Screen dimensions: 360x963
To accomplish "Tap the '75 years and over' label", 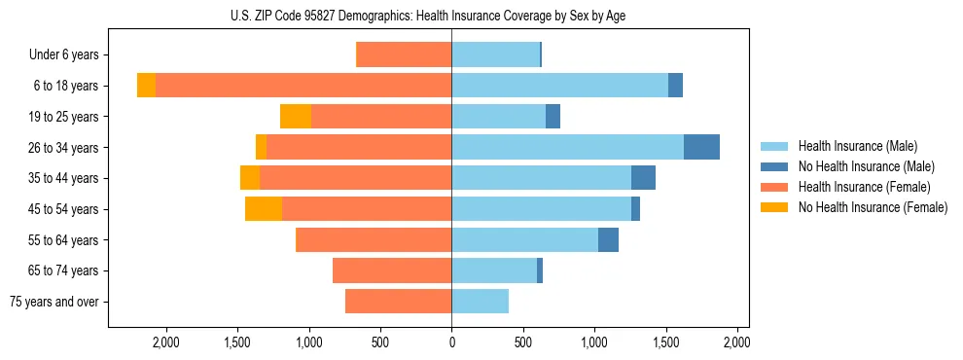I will coord(54,302).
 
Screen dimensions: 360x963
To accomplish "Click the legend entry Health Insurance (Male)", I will coord(857,146).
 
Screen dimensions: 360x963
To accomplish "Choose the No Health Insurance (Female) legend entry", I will coord(873,207).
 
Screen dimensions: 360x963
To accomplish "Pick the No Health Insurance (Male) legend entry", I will coord(866,166).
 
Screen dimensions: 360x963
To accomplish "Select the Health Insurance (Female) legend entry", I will coord(864,187).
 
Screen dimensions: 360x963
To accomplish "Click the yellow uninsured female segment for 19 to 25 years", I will coord(296,117).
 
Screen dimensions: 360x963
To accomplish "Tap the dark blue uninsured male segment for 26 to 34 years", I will coord(701,147).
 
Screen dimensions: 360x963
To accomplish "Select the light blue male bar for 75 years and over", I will coord(480,302).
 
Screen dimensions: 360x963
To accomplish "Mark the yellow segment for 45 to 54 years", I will coord(264,209).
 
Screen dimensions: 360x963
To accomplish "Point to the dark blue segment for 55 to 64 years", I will coord(608,239).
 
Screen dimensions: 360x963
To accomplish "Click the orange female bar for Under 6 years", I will coord(404,55).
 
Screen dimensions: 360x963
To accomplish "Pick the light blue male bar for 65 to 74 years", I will coord(494,270).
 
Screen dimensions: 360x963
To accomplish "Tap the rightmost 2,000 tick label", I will coord(737,343).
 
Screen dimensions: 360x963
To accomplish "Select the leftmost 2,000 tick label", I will coord(165,343).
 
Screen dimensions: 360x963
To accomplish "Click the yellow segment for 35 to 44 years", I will coord(250,178).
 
